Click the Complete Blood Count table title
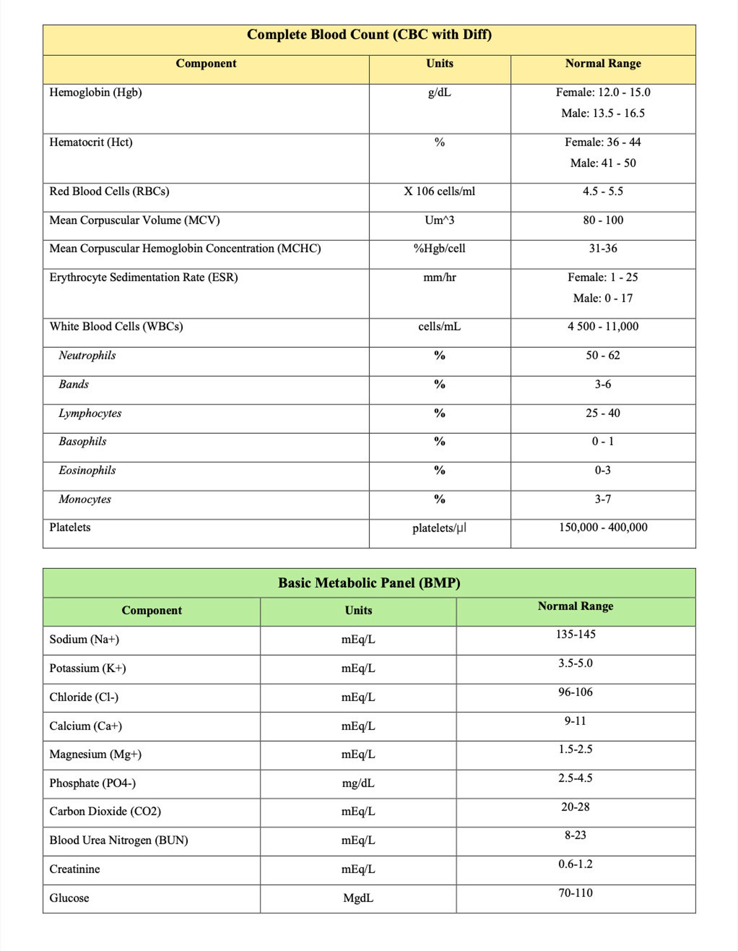pyautogui.click(x=369, y=35)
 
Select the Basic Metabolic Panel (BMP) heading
pyautogui.click(x=369, y=583)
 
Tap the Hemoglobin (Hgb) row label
pyautogui.click(x=96, y=93)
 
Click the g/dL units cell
pyautogui.click(x=440, y=93)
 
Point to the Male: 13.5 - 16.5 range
pyautogui.click(x=603, y=113)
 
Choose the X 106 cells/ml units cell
pyautogui.click(x=440, y=192)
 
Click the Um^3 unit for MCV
pyautogui.click(x=440, y=220)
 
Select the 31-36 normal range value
pyautogui.click(x=603, y=249)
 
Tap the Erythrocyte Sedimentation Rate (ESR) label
pyautogui.click(x=144, y=278)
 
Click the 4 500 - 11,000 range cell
pyautogui.click(x=603, y=326)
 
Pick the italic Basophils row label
pyautogui.click(x=82, y=442)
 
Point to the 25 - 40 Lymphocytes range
pyautogui.click(x=603, y=413)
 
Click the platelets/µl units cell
pyautogui.click(x=440, y=528)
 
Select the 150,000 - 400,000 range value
pyautogui.click(x=603, y=527)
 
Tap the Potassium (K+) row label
pyautogui.click(x=88, y=668)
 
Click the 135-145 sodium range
pyautogui.click(x=575, y=634)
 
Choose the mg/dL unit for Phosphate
pyautogui.click(x=358, y=783)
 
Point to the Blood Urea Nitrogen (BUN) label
pyautogui.click(x=119, y=840)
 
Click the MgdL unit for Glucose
pyautogui.click(x=358, y=898)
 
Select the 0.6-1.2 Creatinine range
pyautogui.click(x=575, y=864)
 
